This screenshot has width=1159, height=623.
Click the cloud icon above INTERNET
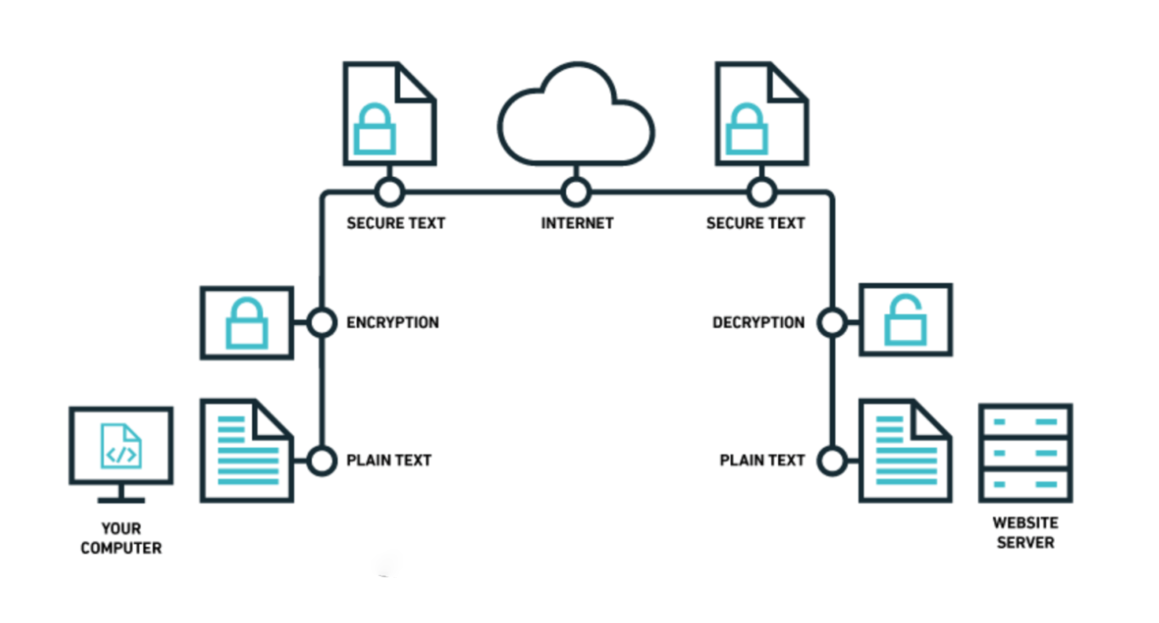(576, 119)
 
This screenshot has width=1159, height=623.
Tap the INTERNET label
(577, 223)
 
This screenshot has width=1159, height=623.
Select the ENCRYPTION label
(393, 323)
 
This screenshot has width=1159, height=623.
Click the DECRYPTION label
(758, 323)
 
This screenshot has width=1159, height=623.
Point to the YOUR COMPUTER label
(121, 538)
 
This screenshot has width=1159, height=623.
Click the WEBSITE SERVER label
(1025, 532)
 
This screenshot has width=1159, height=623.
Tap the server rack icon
(1025, 453)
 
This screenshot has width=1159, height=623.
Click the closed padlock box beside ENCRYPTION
(246, 323)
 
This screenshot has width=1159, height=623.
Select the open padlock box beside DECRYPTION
(905, 319)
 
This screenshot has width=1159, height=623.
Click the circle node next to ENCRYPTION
(321, 323)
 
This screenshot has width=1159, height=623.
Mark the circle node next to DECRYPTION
(832, 323)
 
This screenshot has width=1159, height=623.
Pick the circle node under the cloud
(576, 192)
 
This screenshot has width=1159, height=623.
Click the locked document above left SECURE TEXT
(389, 113)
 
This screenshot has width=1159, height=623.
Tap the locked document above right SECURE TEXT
(761, 113)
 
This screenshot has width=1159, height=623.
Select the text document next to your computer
(246, 452)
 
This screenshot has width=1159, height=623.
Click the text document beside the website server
(905, 452)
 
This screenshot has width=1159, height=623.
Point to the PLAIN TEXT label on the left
(388, 460)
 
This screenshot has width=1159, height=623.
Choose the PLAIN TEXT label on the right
(761, 460)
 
